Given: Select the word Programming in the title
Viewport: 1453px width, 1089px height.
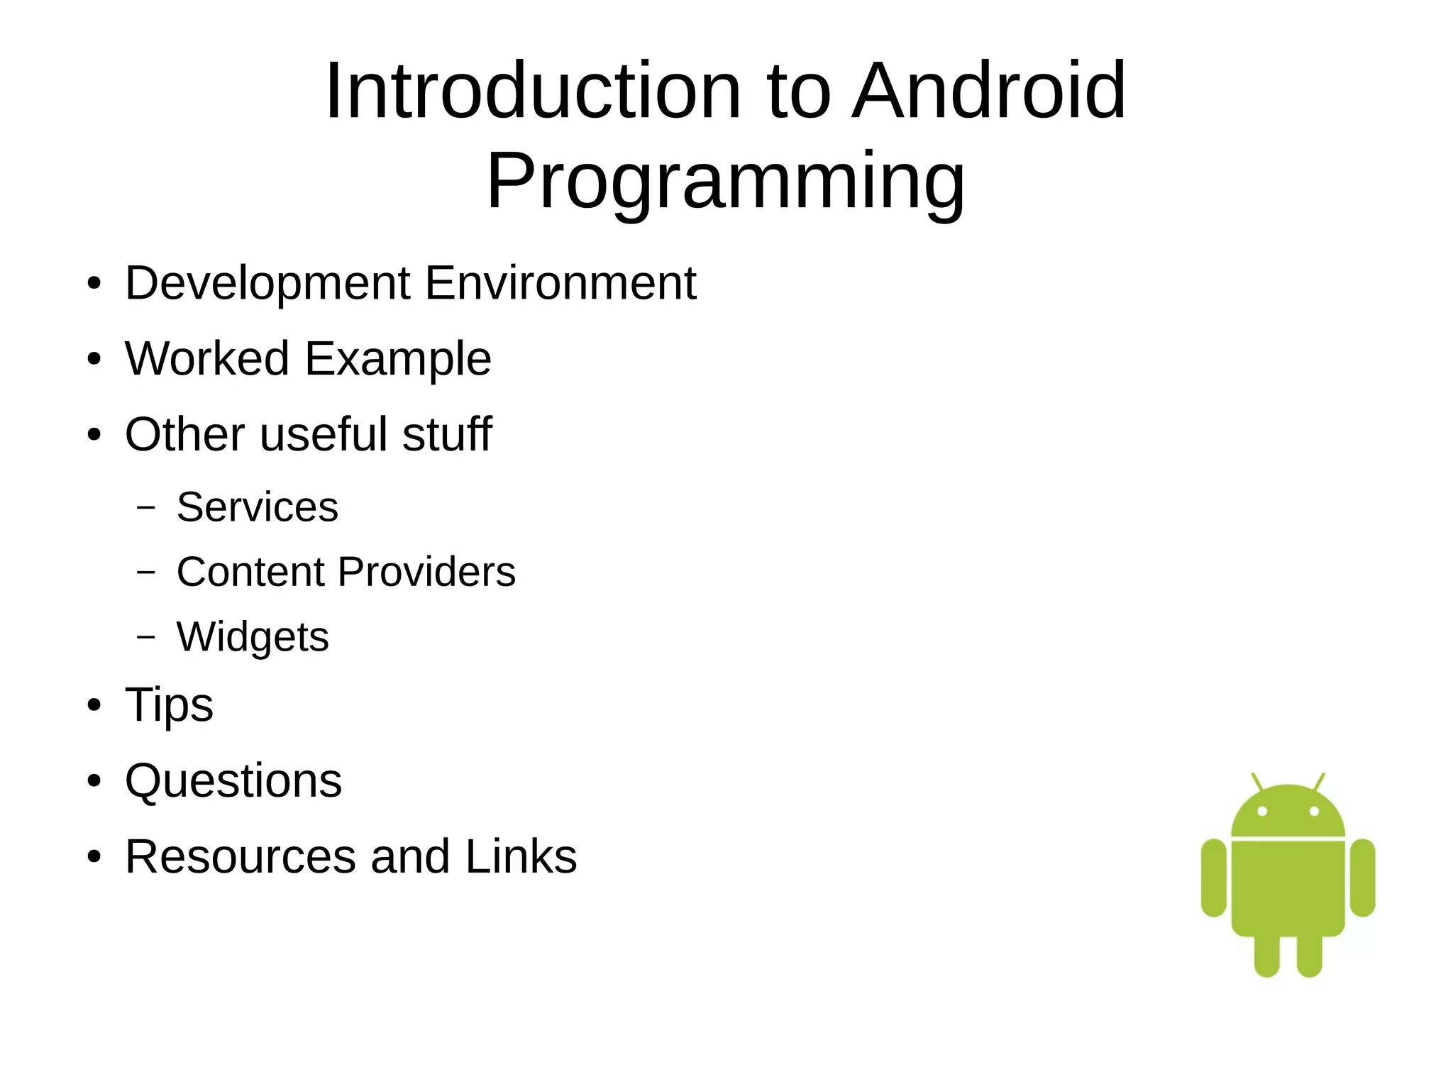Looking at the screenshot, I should pyautogui.click(x=725, y=182).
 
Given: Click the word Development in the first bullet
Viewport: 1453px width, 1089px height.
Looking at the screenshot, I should pyautogui.click(x=267, y=283).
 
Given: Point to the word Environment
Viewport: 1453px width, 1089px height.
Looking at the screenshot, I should pyautogui.click(x=560, y=283).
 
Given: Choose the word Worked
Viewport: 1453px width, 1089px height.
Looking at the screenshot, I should pyautogui.click(x=206, y=358).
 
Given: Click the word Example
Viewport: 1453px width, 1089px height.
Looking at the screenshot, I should pyautogui.click(x=398, y=360).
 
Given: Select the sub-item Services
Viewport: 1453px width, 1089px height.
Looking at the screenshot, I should pyautogui.click(x=258, y=507).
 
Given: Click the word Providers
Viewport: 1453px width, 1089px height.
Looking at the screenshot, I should pyautogui.click(x=426, y=572).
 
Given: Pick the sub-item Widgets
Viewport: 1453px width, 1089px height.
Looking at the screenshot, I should pyautogui.click(x=253, y=637).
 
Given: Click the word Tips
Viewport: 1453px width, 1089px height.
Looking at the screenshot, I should pyautogui.click(x=169, y=705).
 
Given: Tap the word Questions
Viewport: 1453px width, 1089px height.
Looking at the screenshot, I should pyautogui.click(x=233, y=781).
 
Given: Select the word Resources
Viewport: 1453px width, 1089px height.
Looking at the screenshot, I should pyautogui.click(x=240, y=856).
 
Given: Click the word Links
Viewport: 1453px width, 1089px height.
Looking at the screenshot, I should pyautogui.click(x=521, y=856).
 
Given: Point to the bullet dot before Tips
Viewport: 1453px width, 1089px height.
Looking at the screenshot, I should pyautogui.click(x=94, y=706).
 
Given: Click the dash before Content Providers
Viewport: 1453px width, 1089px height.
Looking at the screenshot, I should pyautogui.click(x=146, y=572).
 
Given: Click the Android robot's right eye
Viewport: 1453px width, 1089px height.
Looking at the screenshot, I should pyautogui.click(x=1314, y=811).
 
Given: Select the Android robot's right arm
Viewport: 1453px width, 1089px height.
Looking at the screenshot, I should pyautogui.click(x=1362, y=878).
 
